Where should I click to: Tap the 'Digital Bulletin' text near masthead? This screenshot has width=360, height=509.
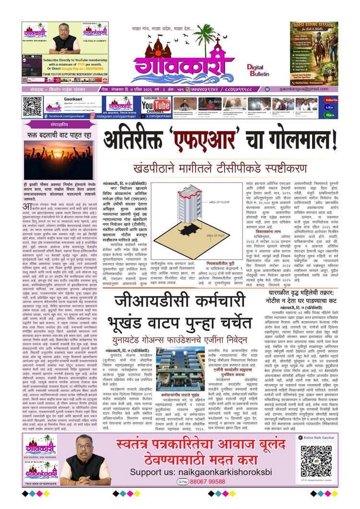click(x=259, y=71)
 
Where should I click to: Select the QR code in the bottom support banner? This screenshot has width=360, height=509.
click(x=316, y=461)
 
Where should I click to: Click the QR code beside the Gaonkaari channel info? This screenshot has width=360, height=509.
click(x=32, y=106)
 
